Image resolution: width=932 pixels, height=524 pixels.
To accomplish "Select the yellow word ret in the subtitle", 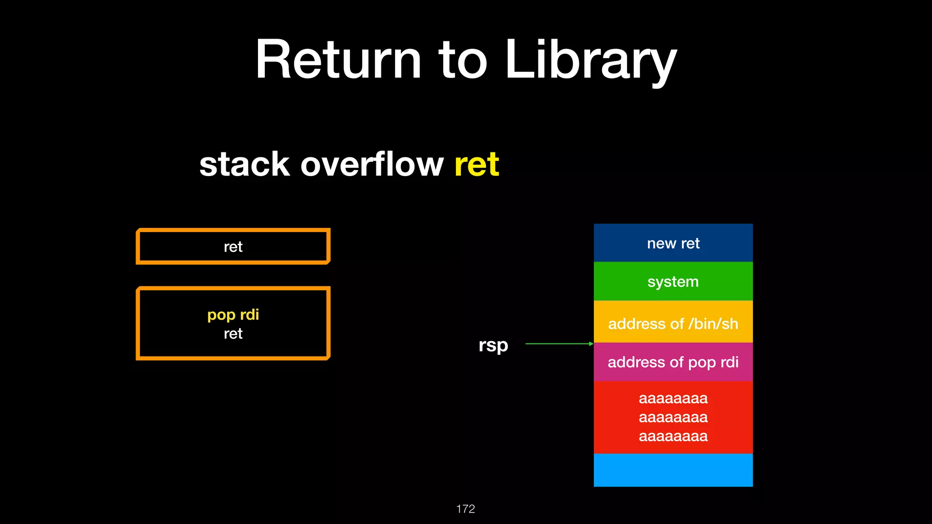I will (476, 164).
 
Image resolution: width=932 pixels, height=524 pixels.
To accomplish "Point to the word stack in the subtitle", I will (244, 164).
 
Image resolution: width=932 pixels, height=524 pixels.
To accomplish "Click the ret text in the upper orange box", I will (233, 247).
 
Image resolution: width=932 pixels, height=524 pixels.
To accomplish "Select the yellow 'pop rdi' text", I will (233, 314).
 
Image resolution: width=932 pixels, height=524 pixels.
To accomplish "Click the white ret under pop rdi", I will (233, 333).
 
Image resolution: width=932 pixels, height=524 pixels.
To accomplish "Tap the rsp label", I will (493, 345).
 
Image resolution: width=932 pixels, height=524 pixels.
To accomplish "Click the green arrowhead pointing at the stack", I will (591, 344).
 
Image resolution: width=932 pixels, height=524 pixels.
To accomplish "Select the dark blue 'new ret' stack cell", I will (673, 243).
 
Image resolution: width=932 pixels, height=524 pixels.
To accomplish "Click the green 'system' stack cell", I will (673, 282).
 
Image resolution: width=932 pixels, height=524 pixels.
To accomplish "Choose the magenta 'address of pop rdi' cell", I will (673, 362).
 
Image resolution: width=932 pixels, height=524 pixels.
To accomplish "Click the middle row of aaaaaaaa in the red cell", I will (673, 417).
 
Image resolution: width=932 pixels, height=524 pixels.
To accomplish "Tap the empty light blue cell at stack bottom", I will (673, 470).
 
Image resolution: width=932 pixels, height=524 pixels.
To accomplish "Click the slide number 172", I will (465, 509).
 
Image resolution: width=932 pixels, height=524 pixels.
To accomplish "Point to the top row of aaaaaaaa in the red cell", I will (673, 398).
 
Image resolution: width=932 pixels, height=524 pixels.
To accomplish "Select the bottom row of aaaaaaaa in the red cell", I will (673, 436).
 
